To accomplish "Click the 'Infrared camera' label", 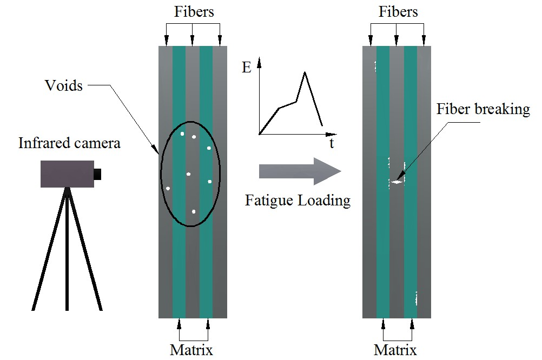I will pos(69,143).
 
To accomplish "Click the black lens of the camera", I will pos(97,174).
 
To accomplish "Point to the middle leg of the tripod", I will pos(67,249).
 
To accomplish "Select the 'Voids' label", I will pos(64,85).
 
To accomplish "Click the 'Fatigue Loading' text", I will pos(298,201).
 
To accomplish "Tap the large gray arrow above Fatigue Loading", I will pos(300,171).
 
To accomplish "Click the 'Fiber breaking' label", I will pos(483,109).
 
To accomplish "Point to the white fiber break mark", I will pos(398,182).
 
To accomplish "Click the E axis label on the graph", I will pos(247,68).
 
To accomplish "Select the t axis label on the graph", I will pos(331,143).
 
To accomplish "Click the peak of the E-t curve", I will pos(306,72).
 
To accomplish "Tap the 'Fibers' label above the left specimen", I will pos(194,12).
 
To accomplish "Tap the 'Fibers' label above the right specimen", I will pos(398,12).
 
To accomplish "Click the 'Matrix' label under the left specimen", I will pos(191,350).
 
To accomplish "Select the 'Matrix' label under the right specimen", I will pos(395,350).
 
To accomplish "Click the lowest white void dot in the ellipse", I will pos(194,212).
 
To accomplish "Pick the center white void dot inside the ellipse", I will pos(188,174).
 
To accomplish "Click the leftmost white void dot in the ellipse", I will pos(168,188).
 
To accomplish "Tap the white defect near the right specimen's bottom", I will pos(416,297).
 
